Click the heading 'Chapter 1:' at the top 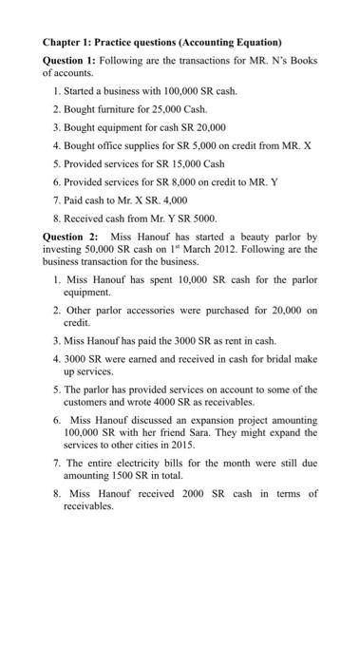(70, 43)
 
